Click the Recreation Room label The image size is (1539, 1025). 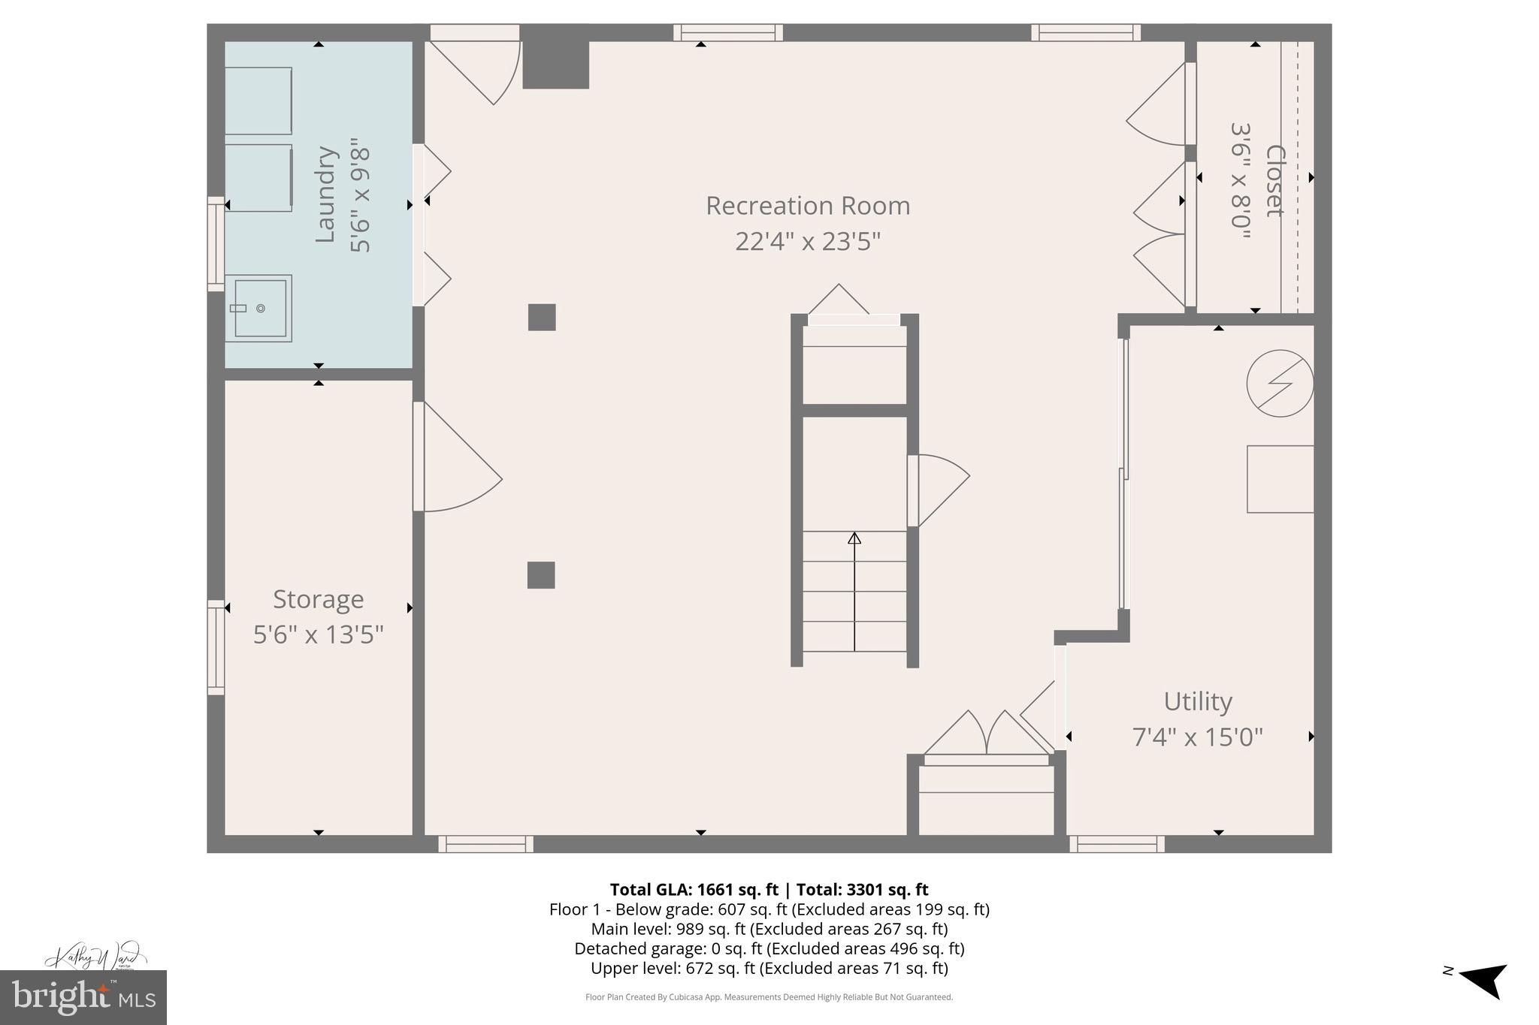pos(807,206)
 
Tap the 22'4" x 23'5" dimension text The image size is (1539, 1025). pos(807,242)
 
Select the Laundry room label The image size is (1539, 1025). pos(325,194)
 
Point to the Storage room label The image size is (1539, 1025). pos(318,599)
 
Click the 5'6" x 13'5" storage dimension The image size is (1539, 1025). pos(318,635)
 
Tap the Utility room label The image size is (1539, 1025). pos(1197,701)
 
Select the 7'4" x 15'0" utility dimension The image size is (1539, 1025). pos(1197,737)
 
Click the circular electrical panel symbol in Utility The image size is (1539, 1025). pos(1280,383)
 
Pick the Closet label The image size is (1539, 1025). pos(1274,180)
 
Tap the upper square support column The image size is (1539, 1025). pos(542,317)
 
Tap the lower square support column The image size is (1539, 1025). pos(541,575)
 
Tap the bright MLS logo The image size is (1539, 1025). pos(83,997)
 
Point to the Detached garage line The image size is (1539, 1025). pos(769,948)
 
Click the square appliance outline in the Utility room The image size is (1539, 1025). pos(1280,479)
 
